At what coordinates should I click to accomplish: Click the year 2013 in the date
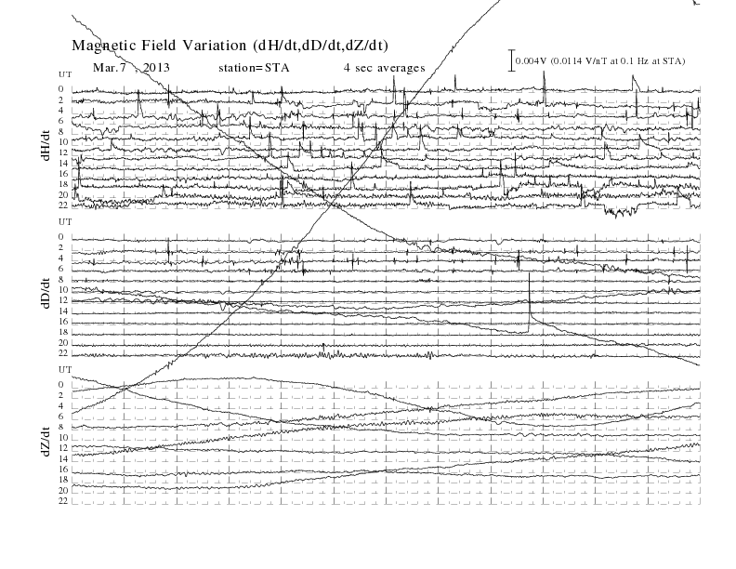coord(156,68)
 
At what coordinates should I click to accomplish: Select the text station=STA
coord(254,68)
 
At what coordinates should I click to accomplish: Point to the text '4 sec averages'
coord(385,68)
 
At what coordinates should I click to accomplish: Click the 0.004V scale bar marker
coord(512,60)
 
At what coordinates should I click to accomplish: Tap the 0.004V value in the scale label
coord(532,61)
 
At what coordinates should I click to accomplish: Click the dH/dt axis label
coord(46,146)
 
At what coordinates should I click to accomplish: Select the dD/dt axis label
coord(46,293)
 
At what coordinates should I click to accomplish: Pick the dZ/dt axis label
coord(46,441)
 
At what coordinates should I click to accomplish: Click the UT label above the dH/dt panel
coord(65,74)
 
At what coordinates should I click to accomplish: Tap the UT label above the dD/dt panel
coord(65,222)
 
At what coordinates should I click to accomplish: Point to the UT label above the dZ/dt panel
coord(65,370)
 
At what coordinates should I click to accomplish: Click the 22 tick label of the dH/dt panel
coord(63,205)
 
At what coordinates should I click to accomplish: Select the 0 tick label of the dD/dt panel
coord(61,236)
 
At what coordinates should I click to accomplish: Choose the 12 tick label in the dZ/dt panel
coord(63,448)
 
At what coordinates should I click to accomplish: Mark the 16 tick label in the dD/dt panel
coord(63,322)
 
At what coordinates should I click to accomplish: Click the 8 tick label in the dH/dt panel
coord(61,131)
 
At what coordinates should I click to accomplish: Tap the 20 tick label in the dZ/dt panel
coord(63,491)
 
